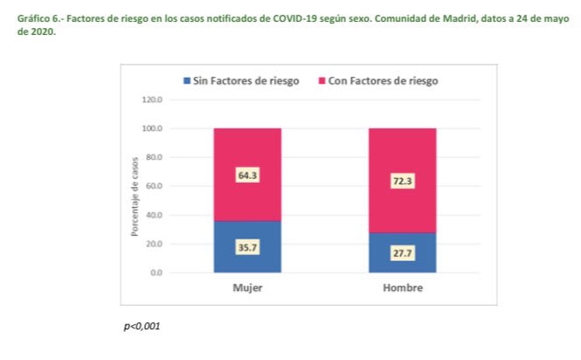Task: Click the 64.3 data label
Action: click(x=248, y=176)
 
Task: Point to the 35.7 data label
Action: click(x=248, y=247)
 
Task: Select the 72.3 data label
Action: click(x=403, y=182)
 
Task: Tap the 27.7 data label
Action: click(x=403, y=253)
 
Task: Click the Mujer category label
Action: click(x=248, y=287)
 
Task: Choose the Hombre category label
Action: click(x=403, y=287)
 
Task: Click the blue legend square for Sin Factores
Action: click(x=186, y=81)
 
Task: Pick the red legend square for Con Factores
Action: click(x=322, y=81)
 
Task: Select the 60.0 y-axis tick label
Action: click(x=152, y=186)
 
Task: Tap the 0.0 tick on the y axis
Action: click(x=156, y=273)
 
